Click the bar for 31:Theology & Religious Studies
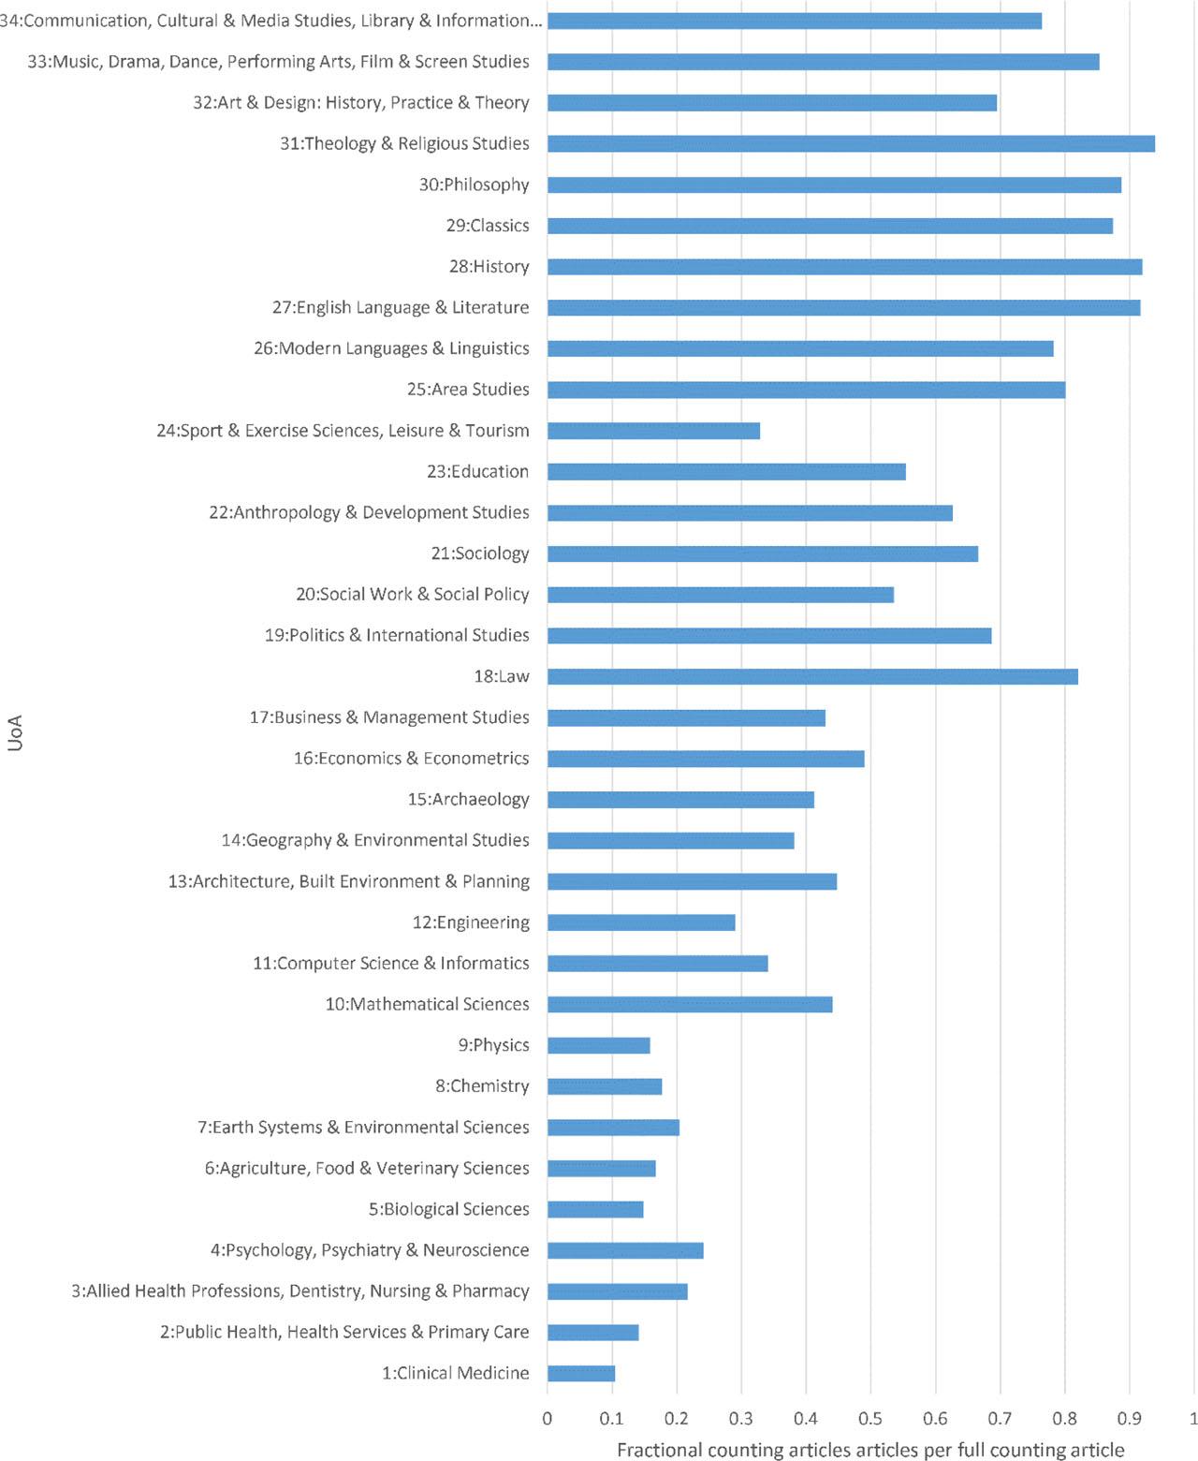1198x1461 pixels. (851, 143)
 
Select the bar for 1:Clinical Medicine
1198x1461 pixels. (581, 1373)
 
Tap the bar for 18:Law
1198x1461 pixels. (812, 676)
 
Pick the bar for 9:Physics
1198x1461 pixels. (599, 1045)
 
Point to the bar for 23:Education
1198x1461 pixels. (726, 472)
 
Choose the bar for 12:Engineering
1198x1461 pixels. (641, 922)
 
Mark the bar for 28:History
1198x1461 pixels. (844, 267)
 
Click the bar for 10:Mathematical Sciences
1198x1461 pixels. (690, 1004)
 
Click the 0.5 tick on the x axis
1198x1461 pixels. (870, 1418)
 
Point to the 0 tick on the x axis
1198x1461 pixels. (548, 1418)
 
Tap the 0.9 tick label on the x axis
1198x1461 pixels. (1129, 1418)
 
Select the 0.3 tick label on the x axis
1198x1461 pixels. (741, 1418)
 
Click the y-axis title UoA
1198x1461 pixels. (15, 732)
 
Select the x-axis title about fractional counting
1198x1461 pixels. (870, 1450)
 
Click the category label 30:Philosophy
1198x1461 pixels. (474, 184)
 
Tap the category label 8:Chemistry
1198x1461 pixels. (482, 1086)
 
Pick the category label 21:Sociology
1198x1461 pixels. (480, 553)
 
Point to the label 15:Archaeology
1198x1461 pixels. (468, 799)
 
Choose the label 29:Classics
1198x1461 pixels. (488, 226)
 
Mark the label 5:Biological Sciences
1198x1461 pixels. (448, 1209)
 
